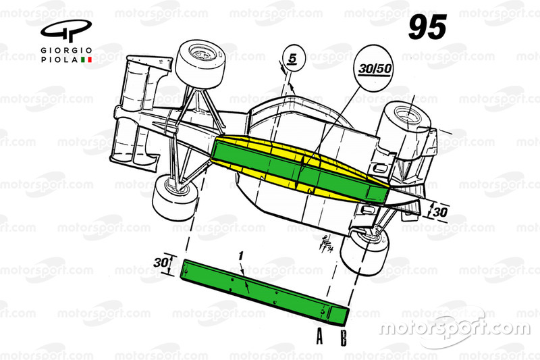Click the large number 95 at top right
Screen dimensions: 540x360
coord(427,27)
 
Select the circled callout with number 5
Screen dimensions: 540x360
coord(293,58)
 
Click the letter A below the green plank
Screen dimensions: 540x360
coord(320,336)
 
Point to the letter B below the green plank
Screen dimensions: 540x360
coord(344,338)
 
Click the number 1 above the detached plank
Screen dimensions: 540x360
coord(241,256)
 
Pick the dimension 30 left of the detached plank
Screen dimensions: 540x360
coord(161,263)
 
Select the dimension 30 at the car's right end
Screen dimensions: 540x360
coord(440,212)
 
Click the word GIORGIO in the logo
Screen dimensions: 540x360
coord(66,51)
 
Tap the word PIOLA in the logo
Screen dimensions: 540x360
coord(59,59)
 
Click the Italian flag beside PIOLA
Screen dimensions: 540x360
coord(86,59)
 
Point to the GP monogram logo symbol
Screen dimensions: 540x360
coord(66,31)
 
